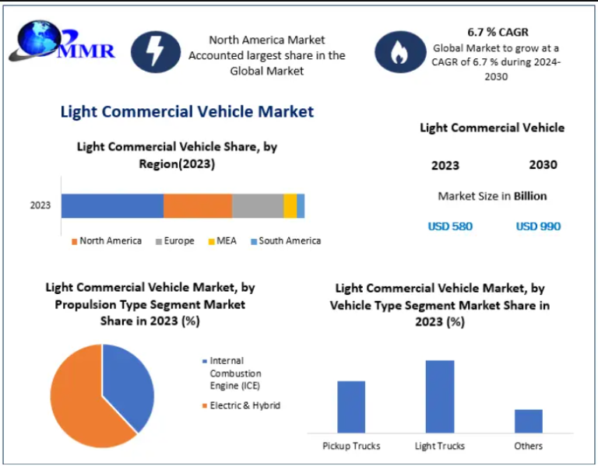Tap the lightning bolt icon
[156, 52]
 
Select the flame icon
[399, 52]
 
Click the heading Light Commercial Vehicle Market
[187, 111]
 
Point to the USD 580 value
[450, 226]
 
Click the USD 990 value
[538, 226]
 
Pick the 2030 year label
[543, 165]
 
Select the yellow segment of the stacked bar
[290, 206]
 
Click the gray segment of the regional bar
[258, 206]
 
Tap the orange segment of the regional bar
[198, 206]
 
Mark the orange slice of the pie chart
[78, 401]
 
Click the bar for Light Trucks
[440, 396]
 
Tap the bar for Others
[529, 421]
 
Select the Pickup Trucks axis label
[351, 446]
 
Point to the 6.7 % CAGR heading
[498, 33]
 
